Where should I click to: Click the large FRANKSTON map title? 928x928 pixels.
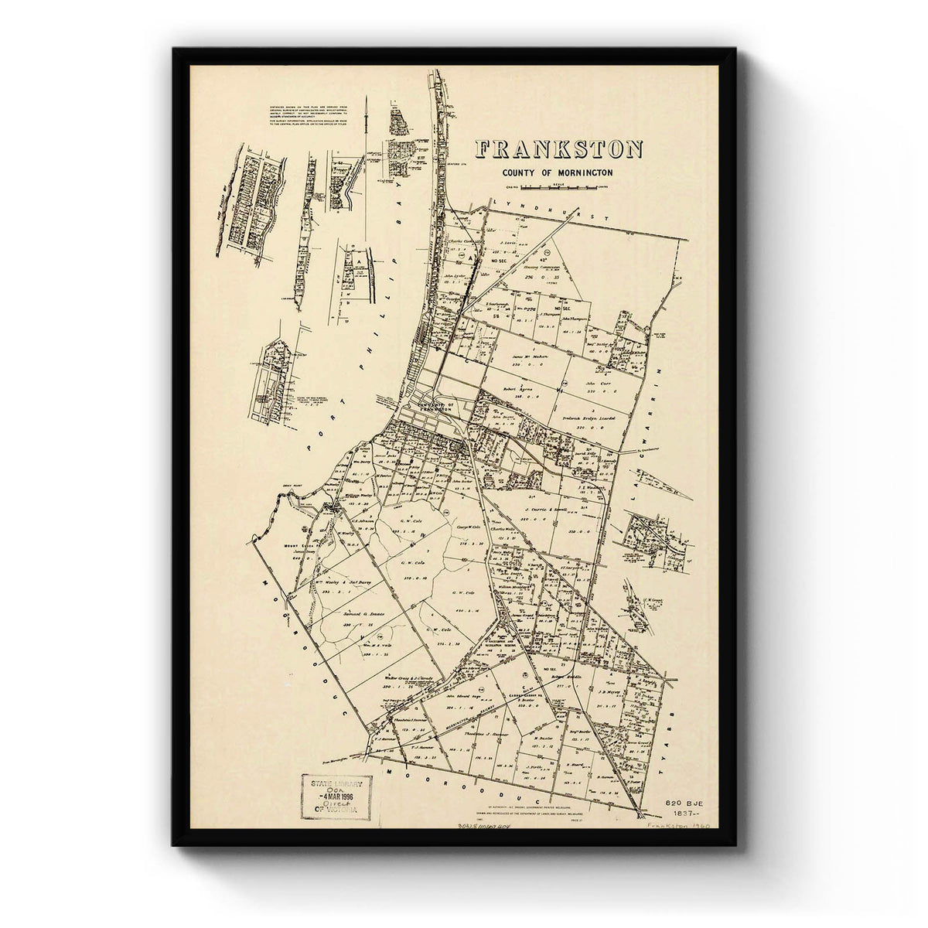(x=559, y=149)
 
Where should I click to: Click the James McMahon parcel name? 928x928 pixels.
(x=530, y=357)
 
